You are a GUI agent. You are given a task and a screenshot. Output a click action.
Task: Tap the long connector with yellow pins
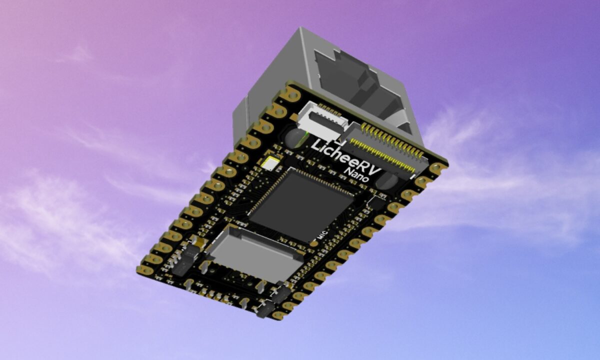tap(385, 147)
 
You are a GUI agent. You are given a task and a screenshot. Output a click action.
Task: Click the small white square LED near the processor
tap(270, 163)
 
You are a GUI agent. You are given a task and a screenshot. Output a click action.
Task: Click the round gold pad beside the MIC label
tap(313, 243)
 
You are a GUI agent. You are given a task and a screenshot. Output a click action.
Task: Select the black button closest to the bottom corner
tap(263, 308)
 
